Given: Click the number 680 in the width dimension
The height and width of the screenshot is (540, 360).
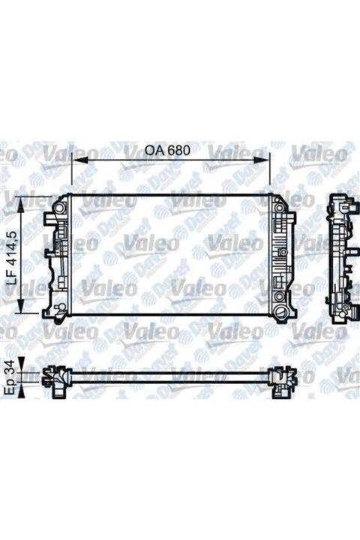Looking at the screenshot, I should [x=178, y=149].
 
